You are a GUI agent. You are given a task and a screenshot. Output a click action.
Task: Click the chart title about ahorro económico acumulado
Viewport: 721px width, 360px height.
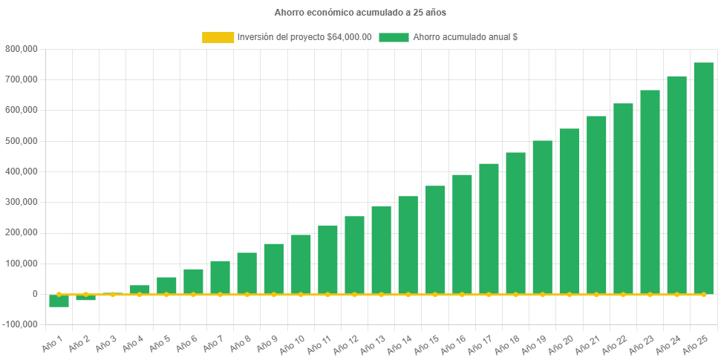[x=360, y=13]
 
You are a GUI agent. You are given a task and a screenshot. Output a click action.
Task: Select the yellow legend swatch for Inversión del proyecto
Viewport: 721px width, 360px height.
[x=218, y=37]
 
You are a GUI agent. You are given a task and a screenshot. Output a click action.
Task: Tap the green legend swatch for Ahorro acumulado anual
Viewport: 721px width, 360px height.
[x=394, y=37]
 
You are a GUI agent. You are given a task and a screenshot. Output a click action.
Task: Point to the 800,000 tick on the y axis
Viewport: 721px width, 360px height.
[x=22, y=49]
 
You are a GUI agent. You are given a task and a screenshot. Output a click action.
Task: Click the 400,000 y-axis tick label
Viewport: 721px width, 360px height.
[x=22, y=171]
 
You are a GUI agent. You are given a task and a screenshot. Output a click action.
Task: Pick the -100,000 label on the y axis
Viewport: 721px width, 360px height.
[x=20, y=324]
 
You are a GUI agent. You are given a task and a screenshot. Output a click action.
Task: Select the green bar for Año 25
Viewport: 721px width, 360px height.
[x=703, y=178]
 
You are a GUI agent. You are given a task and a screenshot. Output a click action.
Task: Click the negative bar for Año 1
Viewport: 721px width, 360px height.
[x=59, y=301]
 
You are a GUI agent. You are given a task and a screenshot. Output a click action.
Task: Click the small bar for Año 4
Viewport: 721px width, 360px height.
[x=140, y=289]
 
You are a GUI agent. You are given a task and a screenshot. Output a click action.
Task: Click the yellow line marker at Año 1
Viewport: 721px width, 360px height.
[x=59, y=294]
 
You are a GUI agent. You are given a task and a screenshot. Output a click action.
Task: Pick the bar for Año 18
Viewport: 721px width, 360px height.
[x=515, y=223]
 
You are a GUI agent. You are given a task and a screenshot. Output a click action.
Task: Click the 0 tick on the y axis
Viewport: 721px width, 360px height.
[x=34, y=294]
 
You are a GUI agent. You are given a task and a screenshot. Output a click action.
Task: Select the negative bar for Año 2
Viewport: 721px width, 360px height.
[x=85, y=298]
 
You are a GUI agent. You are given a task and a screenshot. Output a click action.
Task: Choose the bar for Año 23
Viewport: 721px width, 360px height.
[x=650, y=192]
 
